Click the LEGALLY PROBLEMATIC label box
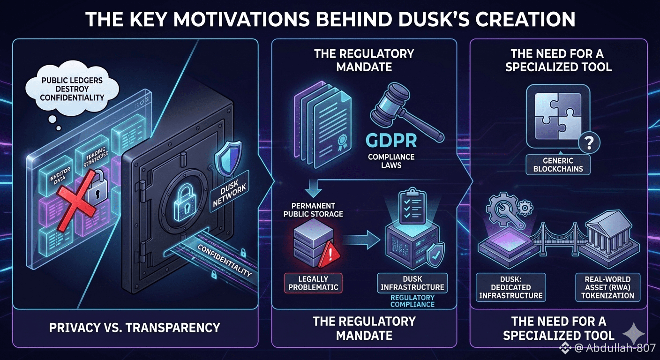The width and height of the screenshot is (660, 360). [314, 283]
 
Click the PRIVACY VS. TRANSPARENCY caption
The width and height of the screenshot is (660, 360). [135, 327]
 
